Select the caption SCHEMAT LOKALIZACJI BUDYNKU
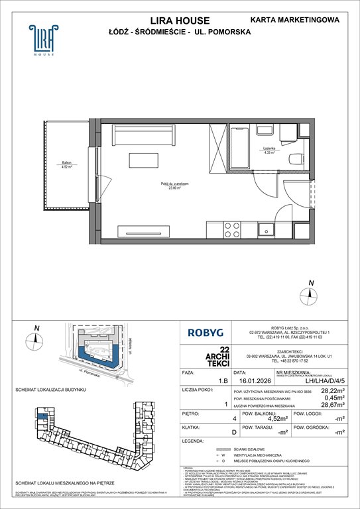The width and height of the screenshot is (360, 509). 49,389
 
